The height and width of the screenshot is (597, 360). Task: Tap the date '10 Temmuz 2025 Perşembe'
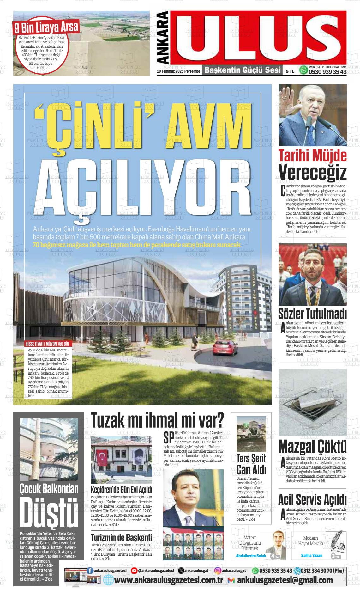tap(179, 71)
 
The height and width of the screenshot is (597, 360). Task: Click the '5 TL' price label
tap(290, 72)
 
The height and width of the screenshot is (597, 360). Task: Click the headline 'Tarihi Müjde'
tap(312, 155)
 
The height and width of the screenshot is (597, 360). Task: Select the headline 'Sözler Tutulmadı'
tap(312, 314)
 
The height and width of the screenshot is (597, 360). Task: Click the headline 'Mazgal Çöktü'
tap(312, 447)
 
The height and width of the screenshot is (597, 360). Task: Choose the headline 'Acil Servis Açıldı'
tap(312, 499)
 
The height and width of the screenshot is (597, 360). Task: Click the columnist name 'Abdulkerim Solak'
tap(251, 556)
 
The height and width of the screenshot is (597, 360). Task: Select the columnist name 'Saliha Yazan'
tap(312, 555)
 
